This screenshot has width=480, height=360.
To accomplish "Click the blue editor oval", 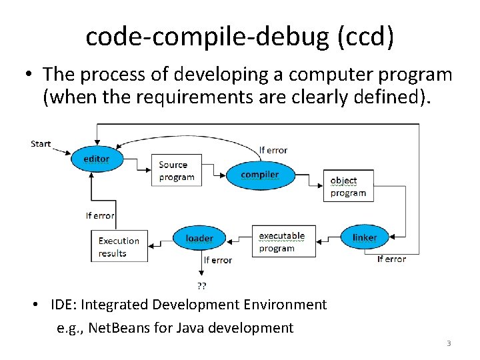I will click(x=97, y=159).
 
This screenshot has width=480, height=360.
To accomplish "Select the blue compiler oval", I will click(x=260, y=175).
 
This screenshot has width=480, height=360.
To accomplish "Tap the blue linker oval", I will click(x=365, y=237).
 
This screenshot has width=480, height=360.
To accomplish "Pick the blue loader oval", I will click(x=199, y=238).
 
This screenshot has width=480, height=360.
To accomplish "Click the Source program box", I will click(x=177, y=171).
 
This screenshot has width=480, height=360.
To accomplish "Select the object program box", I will click(x=348, y=187).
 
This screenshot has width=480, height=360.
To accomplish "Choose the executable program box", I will click(x=282, y=242).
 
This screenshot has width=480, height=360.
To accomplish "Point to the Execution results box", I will click(x=119, y=247).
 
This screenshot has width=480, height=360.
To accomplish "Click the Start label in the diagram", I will click(x=41, y=143).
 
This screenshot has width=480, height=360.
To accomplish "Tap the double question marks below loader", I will click(x=201, y=285).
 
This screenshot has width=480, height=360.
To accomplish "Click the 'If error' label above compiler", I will click(x=273, y=150).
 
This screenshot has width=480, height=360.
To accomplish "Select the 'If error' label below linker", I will click(x=391, y=259).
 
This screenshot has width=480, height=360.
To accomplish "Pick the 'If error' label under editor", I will click(x=100, y=215).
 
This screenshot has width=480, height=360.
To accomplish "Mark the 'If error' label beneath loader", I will click(x=218, y=259).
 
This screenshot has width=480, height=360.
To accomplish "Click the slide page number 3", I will click(x=449, y=343).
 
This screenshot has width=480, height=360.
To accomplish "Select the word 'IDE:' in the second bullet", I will click(x=65, y=305).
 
